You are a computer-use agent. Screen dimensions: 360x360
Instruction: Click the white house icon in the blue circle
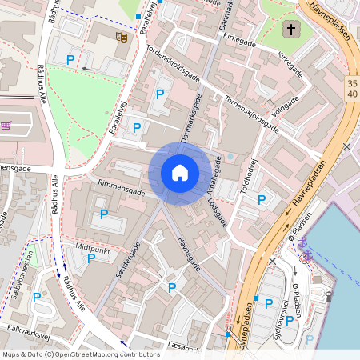click(x=180, y=173)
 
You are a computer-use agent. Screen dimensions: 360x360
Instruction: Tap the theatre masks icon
click(x=122, y=37)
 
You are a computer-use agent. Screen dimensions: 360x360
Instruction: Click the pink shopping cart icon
click(x=7, y=126)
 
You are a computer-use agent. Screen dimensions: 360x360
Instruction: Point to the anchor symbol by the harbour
click(x=304, y=256)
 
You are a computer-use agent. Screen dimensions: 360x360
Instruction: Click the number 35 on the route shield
click(x=353, y=83)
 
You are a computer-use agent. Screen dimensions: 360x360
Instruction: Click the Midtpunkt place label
click(x=92, y=248)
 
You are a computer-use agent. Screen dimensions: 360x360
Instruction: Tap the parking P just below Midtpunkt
click(x=91, y=258)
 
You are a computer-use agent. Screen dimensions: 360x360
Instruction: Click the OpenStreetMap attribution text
click(x=80, y=354)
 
